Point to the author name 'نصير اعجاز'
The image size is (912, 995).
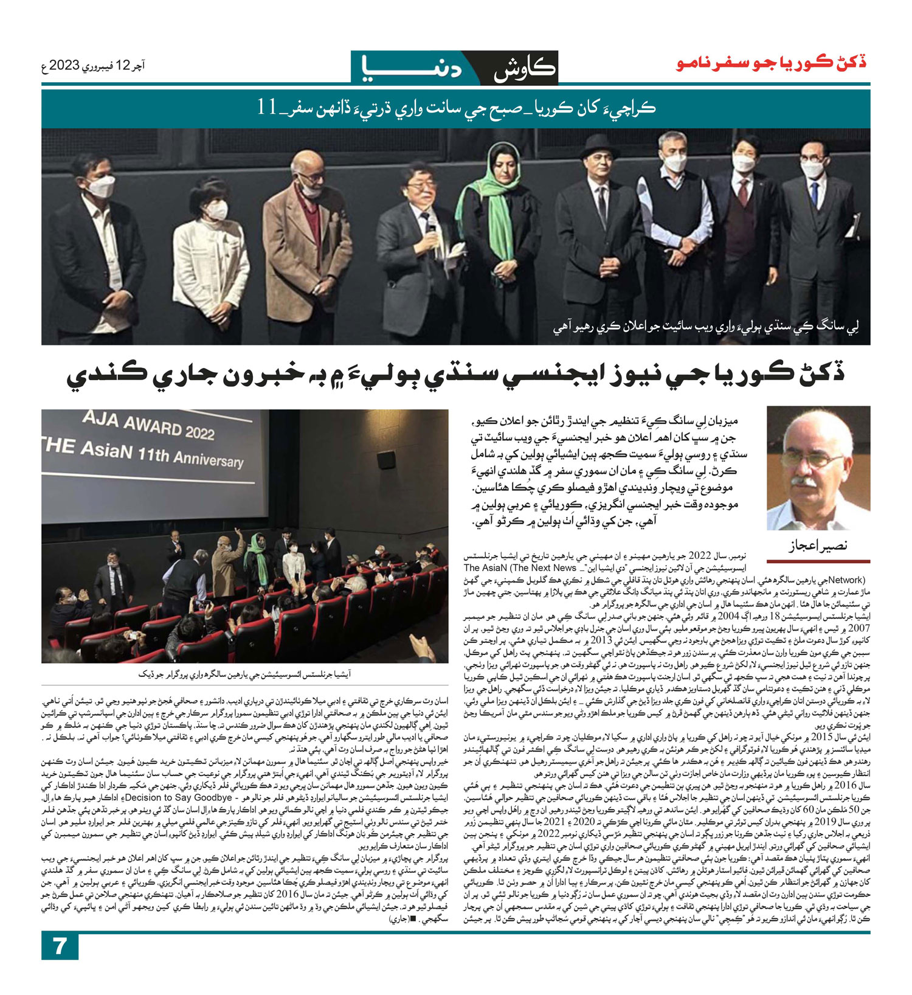coord(817,546)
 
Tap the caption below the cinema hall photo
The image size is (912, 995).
coord(244,674)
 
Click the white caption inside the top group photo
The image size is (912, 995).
coord(705,328)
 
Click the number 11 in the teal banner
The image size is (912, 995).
coord(268,108)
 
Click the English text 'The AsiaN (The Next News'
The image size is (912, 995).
coord(520,567)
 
